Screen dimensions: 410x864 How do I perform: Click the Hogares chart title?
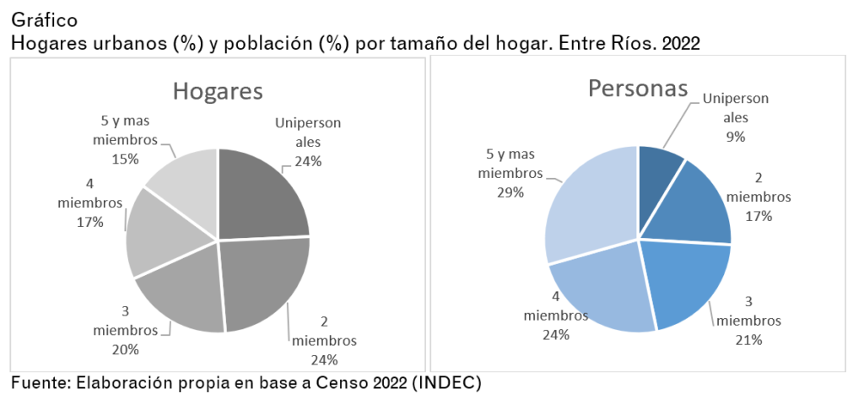(218, 92)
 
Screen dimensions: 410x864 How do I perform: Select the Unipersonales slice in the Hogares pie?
(262, 194)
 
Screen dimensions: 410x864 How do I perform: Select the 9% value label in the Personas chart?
(735, 136)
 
